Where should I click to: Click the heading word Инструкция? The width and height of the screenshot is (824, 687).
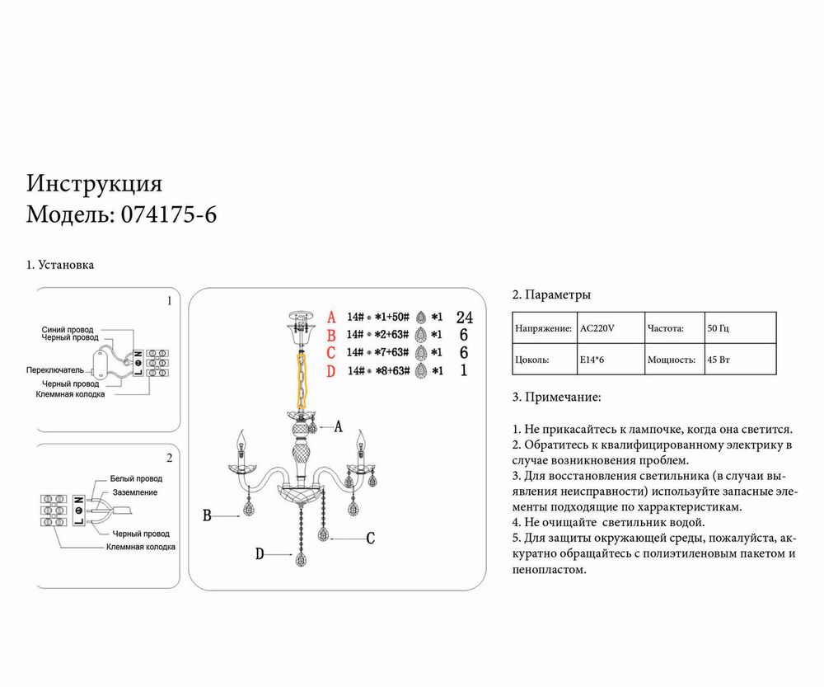(x=95, y=182)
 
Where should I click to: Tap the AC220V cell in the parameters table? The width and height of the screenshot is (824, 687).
(x=597, y=328)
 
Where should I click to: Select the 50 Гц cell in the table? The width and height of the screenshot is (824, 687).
(x=719, y=328)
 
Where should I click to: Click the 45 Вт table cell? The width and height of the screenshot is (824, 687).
(x=719, y=360)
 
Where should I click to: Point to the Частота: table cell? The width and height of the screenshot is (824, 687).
(x=666, y=328)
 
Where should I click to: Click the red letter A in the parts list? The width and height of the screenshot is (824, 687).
(x=332, y=317)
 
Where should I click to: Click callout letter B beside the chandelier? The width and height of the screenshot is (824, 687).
(x=209, y=515)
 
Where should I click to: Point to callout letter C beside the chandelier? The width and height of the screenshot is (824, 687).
(x=370, y=539)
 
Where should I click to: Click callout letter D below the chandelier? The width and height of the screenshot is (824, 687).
(x=260, y=554)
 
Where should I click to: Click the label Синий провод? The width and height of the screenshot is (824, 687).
(x=68, y=329)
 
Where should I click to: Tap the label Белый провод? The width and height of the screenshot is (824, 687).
(x=136, y=478)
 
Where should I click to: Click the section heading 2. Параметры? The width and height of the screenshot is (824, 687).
(x=551, y=294)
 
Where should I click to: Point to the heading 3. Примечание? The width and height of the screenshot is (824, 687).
(x=556, y=397)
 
